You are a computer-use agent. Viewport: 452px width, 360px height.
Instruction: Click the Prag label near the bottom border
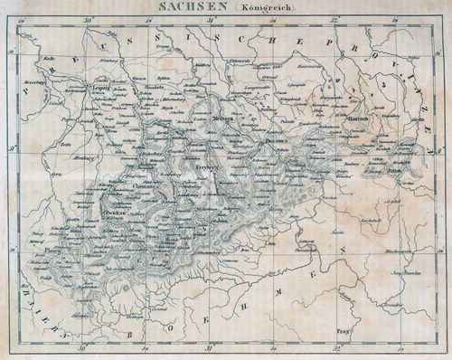pos(341,330)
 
